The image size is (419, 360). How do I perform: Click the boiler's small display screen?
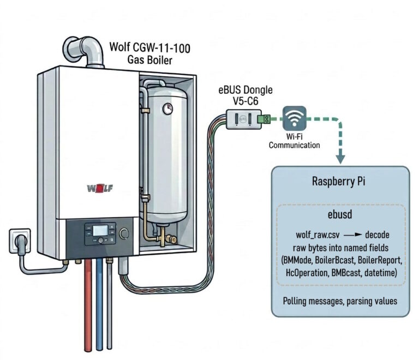tap(100, 231)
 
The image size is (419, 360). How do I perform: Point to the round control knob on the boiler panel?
tap(125, 233)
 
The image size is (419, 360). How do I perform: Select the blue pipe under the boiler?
tap(99, 305)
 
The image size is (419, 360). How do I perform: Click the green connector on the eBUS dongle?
tap(267, 117)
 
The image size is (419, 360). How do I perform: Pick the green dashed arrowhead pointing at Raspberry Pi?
tap(341, 159)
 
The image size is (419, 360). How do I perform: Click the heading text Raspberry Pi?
tap(341, 182)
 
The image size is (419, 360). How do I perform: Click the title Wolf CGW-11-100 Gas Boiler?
tap(149, 52)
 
